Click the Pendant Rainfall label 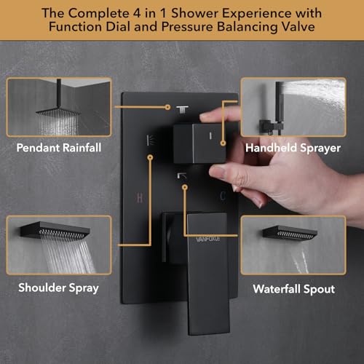59,148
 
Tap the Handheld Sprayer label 293,148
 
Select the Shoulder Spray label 58,288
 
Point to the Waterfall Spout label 293,289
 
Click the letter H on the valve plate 140,198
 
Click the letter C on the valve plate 223,196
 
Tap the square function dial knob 199,143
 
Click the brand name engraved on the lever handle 208,240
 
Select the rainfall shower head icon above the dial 182,110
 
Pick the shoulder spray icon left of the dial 151,141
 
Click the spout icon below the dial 181,175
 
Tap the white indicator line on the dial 210,135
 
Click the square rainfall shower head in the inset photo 58,112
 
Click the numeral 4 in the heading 137,13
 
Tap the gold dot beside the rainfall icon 167,107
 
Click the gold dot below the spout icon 185,187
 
